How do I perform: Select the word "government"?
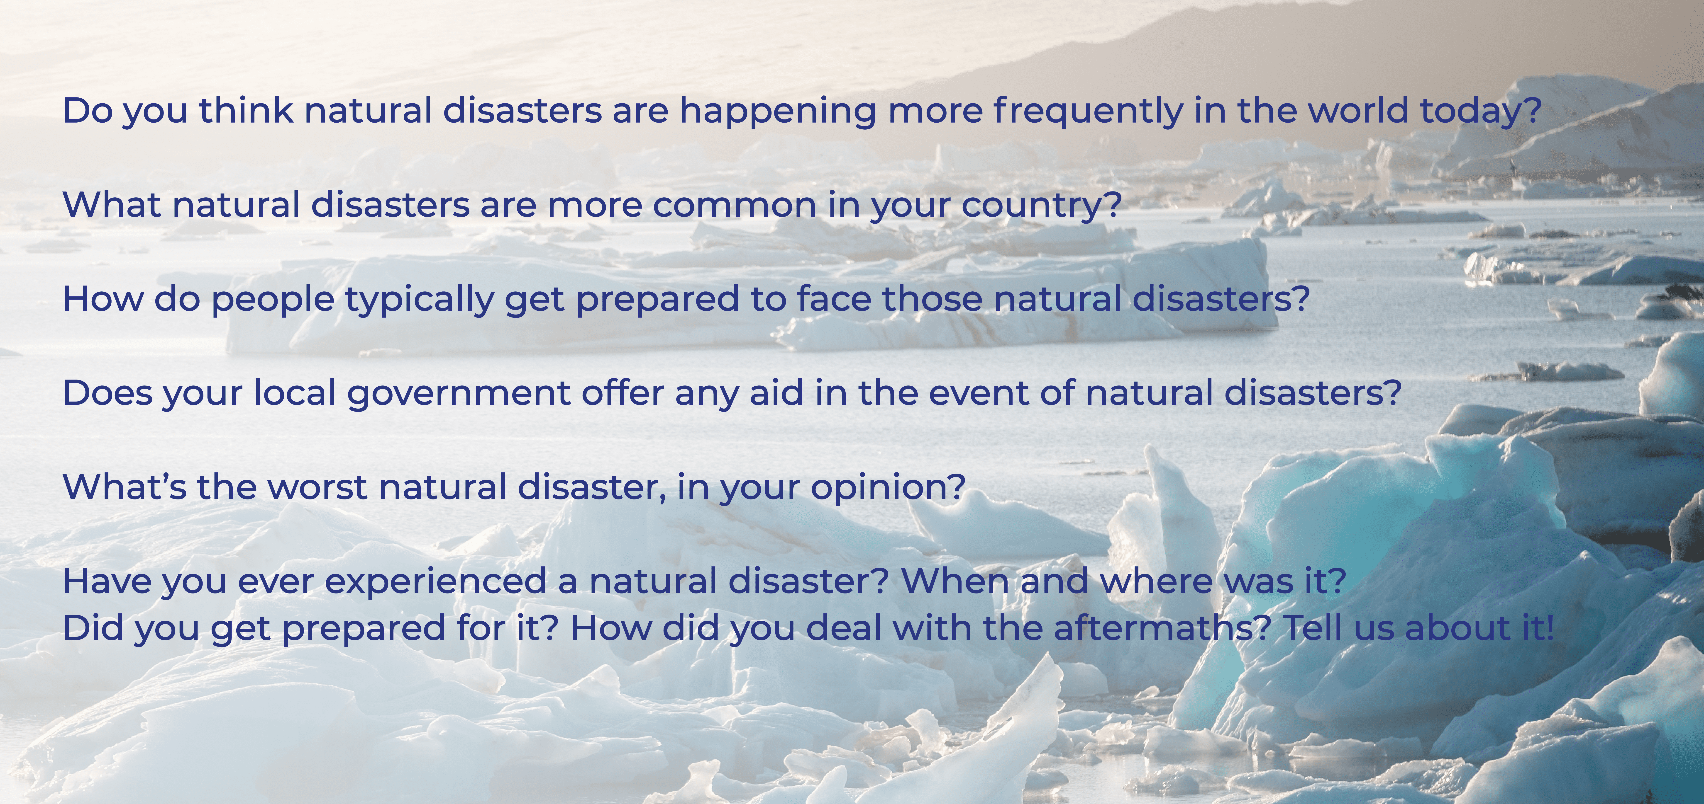tap(458, 394)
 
